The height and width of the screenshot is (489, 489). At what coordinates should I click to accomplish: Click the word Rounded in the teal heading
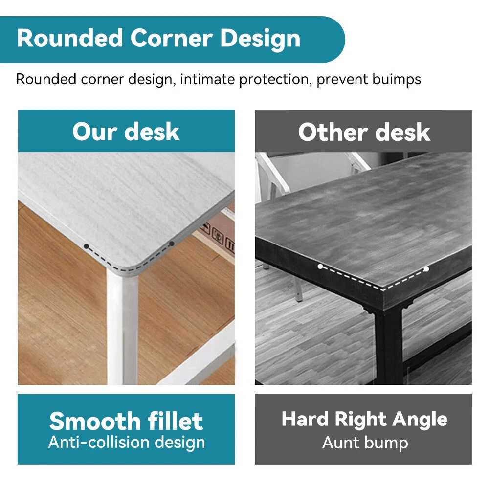tap(70, 38)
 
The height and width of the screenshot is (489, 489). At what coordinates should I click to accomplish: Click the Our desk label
tap(126, 132)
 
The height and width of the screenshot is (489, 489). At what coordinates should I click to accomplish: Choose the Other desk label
tap(364, 132)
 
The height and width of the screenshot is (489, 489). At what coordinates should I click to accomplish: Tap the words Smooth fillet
tap(126, 421)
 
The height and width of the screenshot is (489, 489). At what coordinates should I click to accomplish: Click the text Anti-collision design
tap(127, 443)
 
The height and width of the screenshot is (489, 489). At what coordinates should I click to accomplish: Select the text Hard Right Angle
tap(364, 420)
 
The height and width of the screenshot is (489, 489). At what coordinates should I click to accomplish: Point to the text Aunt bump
tap(365, 443)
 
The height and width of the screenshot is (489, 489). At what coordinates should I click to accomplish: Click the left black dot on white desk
tap(87, 246)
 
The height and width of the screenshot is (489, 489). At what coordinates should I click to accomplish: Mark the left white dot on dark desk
tap(320, 267)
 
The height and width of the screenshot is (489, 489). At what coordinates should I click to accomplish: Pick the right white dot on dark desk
tap(426, 269)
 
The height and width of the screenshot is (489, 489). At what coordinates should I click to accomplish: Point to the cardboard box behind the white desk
tap(217, 236)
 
